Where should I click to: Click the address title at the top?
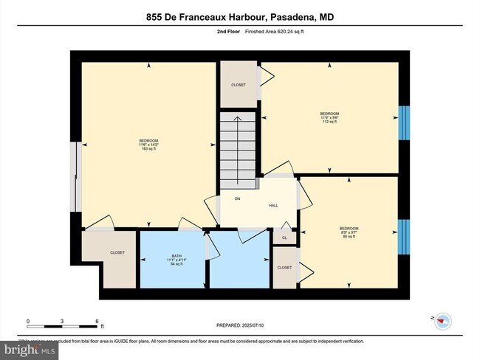click(239, 16)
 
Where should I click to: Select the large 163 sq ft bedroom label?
click(149, 145)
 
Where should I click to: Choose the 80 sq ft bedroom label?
click(349, 232)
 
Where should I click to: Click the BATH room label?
click(171, 257)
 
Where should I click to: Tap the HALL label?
click(272, 206)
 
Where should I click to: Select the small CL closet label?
click(284, 237)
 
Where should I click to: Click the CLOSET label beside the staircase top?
click(239, 85)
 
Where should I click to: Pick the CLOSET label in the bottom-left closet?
click(117, 253)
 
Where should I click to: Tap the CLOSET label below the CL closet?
click(285, 267)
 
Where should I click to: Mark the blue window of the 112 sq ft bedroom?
click(403, 122)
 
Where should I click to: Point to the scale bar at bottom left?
click(63, 322)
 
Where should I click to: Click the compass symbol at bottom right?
click(442, 320)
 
